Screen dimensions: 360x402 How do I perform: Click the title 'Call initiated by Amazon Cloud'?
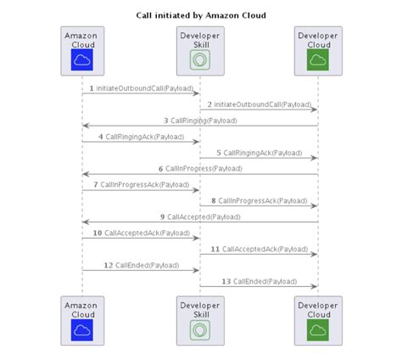tap(201, 15)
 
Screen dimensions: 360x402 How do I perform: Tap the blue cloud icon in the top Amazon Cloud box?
tap(82, 59)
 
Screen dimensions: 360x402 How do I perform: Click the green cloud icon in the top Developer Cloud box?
tap(317, 59)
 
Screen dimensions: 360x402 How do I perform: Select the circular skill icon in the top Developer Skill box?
tap(200, 60)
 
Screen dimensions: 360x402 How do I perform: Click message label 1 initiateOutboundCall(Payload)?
tap(141, 87)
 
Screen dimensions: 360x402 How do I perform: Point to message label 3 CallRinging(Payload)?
tap(199, 120)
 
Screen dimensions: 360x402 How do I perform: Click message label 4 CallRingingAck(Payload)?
tap(141, 136)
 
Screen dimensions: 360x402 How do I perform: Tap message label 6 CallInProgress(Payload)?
tap(199, 168)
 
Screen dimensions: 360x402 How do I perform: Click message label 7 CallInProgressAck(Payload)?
tap(141, 184)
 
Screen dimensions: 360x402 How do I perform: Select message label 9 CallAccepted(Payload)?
tap(199, 217)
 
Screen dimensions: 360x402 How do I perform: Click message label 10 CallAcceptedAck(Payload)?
tap(141, 232)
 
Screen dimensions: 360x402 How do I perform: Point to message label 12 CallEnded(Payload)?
tap(141, 264)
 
